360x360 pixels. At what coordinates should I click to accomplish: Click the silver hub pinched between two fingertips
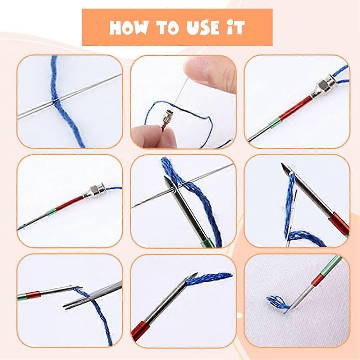(167, 119)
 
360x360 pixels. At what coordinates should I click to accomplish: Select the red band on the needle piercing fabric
(318, 279)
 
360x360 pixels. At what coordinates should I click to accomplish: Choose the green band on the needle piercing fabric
(333, 264)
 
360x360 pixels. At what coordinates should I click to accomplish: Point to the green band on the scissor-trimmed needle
(21, 297)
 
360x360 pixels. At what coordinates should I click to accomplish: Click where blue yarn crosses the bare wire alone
(54, 102)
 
